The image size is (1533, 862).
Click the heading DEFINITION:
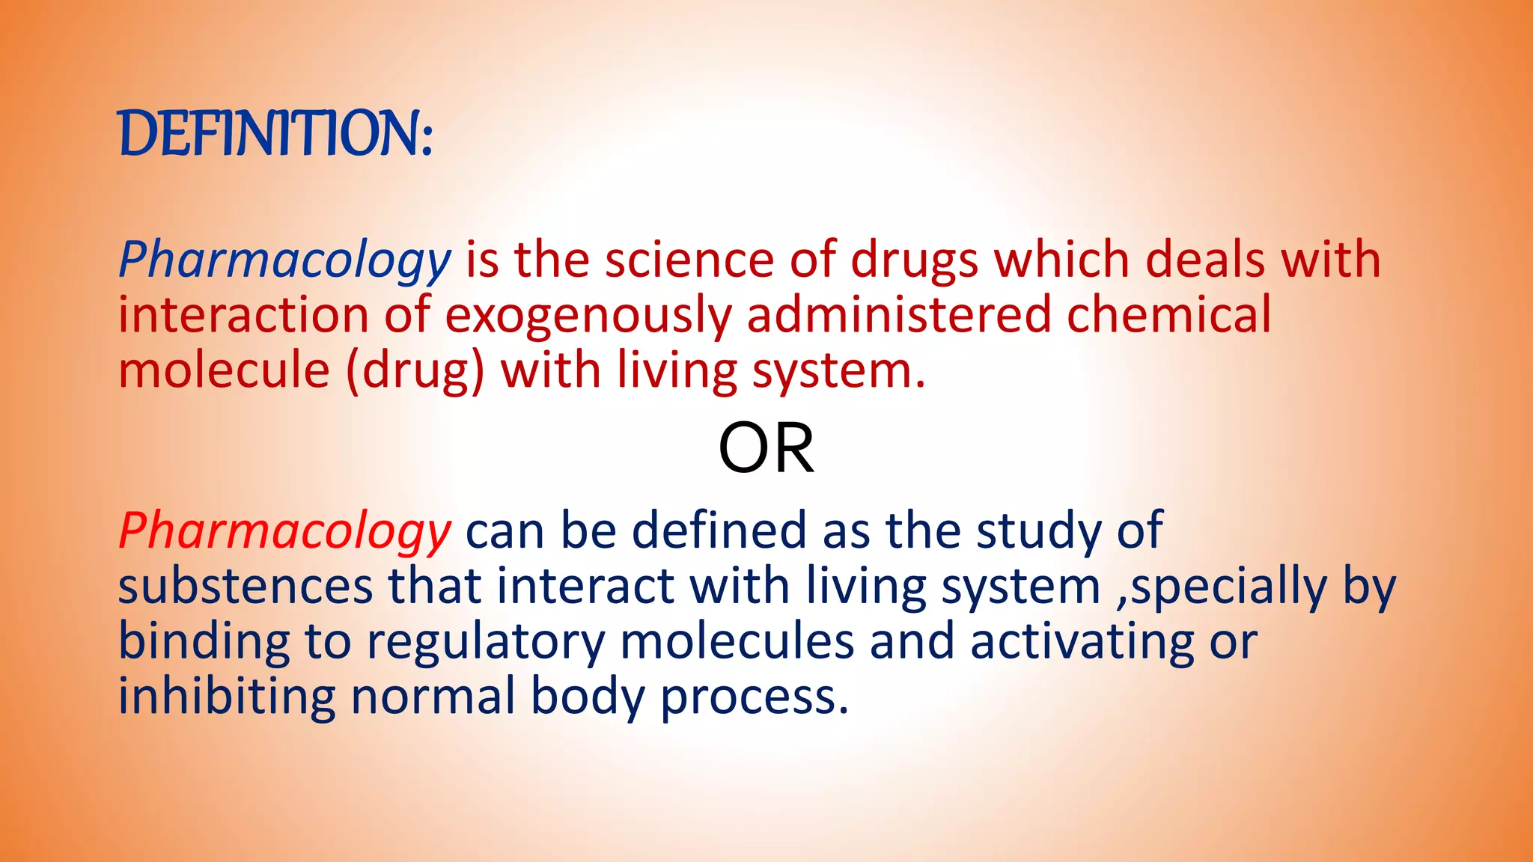[275, 134]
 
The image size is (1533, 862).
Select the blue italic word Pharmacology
[284, 261]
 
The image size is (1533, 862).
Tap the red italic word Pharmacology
[284, 532]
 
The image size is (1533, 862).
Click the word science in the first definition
[689, 260]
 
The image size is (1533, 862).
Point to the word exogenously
[588, 316]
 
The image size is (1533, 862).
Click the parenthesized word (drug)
[415, 371]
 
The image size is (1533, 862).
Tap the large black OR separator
[766, 449]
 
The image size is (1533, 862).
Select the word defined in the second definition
[719, 531]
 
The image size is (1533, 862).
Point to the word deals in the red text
[1204, 260]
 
